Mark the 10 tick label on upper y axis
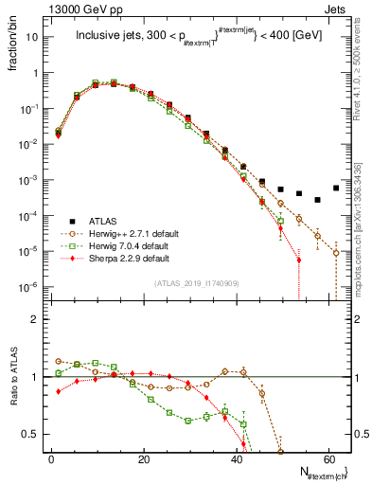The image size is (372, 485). tap(30, 38)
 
